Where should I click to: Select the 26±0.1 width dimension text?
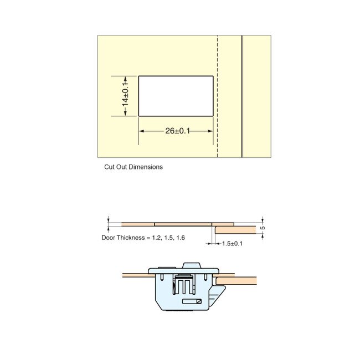click(x=177, y=131)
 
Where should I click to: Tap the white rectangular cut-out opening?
click(x=176, y=96)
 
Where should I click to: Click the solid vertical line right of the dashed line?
click(x=242, y=97)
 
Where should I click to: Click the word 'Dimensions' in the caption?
click(x=146, y=167)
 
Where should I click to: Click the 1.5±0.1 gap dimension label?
click(x=232, y=243)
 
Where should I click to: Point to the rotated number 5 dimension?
click(x=263, y=227)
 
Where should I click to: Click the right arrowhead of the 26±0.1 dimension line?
click(x=211, y=131)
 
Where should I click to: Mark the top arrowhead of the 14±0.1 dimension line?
click(x=126, y=78)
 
